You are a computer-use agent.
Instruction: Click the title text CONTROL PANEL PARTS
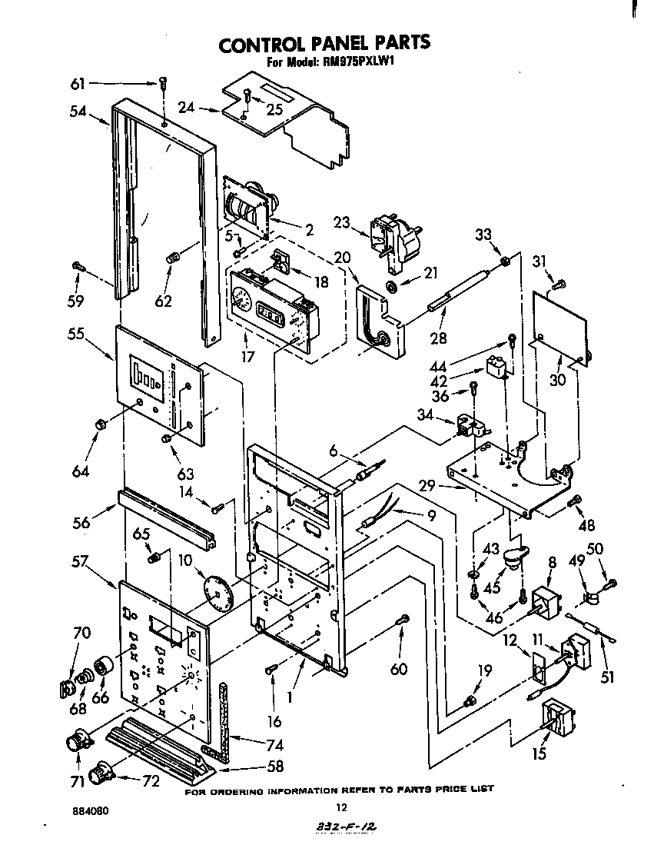(x=324, y=44)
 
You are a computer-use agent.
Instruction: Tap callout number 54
(x=78, y=111)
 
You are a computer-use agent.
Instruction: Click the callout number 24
(x=187, y=108)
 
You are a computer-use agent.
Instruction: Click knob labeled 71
(x=78, y=741)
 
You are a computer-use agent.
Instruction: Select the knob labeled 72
(x=101, y=771)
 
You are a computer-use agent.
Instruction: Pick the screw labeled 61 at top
(x=163, y=84)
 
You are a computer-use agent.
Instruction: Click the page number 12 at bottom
(x=343, y=807)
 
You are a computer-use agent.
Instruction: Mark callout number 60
(x=398, y=669)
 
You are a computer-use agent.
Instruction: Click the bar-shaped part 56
(x=165, y=522)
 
